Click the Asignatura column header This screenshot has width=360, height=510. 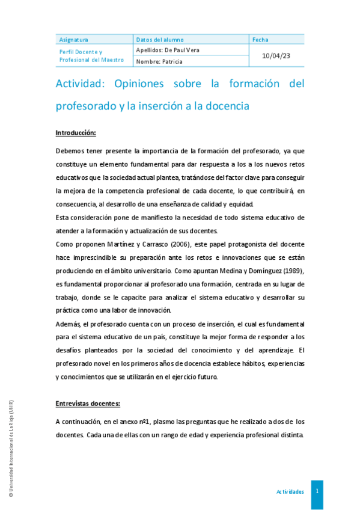(74, 40)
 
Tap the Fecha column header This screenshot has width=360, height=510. (260, 40)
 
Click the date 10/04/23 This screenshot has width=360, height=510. (276, 55)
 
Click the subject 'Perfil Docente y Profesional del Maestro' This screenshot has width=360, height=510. (91, 56)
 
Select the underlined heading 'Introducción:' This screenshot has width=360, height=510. (76, 132)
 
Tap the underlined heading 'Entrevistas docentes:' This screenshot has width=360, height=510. (88, 404)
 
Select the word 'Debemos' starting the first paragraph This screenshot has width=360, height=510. (70, 150)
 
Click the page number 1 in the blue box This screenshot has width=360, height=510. (317, 491)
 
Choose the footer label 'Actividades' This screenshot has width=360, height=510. (290, 491)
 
